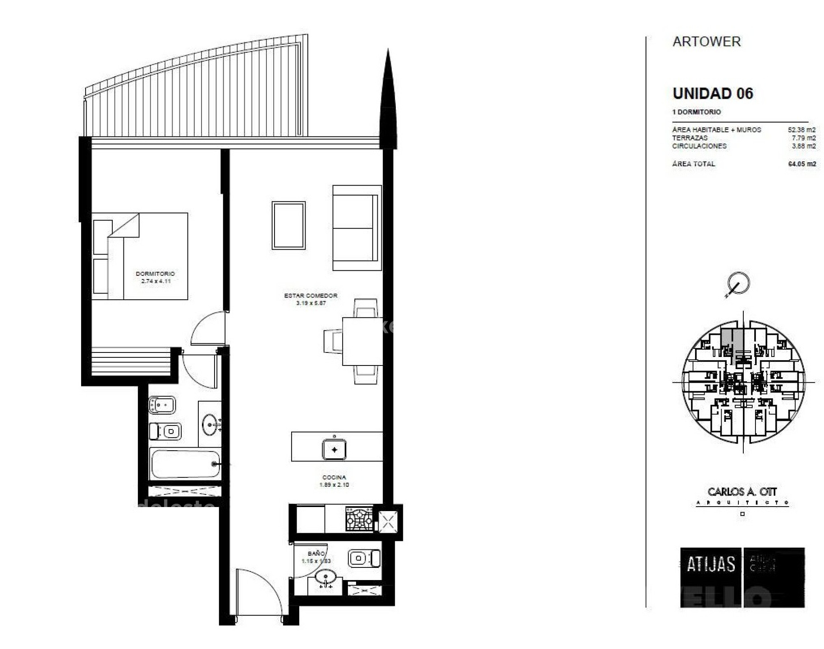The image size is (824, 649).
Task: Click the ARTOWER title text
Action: tap(706, 41)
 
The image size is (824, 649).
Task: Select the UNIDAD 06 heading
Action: tap(712, 93)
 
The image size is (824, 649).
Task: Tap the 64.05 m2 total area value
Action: tap(801, 164)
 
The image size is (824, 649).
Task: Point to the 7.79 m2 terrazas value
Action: tap(803, 138)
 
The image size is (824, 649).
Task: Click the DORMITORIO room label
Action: tap(155, 274)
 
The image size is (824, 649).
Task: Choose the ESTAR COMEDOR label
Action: tap(311, 296)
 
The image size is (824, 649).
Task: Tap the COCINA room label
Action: tap(334, 477)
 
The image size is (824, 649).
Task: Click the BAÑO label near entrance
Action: tap(316, 553)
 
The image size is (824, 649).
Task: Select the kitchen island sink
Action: tap(334, 450)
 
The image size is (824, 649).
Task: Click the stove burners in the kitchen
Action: tap(359, 519)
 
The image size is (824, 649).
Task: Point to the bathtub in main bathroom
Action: tap(185, 464)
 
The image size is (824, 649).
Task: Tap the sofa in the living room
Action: tap(356, 228)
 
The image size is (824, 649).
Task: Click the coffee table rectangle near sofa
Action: tap(288, 225)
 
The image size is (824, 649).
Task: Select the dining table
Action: tap(362, 341)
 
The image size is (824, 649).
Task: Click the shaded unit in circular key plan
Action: tap(732, 338)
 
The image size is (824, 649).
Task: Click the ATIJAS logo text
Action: tap(710, 564)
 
